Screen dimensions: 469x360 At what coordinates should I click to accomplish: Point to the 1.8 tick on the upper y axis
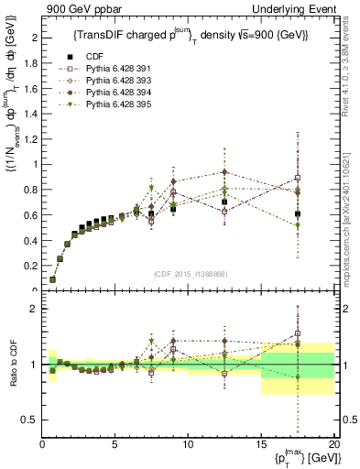31,63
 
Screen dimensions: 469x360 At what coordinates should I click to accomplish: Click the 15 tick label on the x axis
261,444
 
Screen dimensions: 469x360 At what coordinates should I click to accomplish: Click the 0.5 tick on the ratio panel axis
31,420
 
